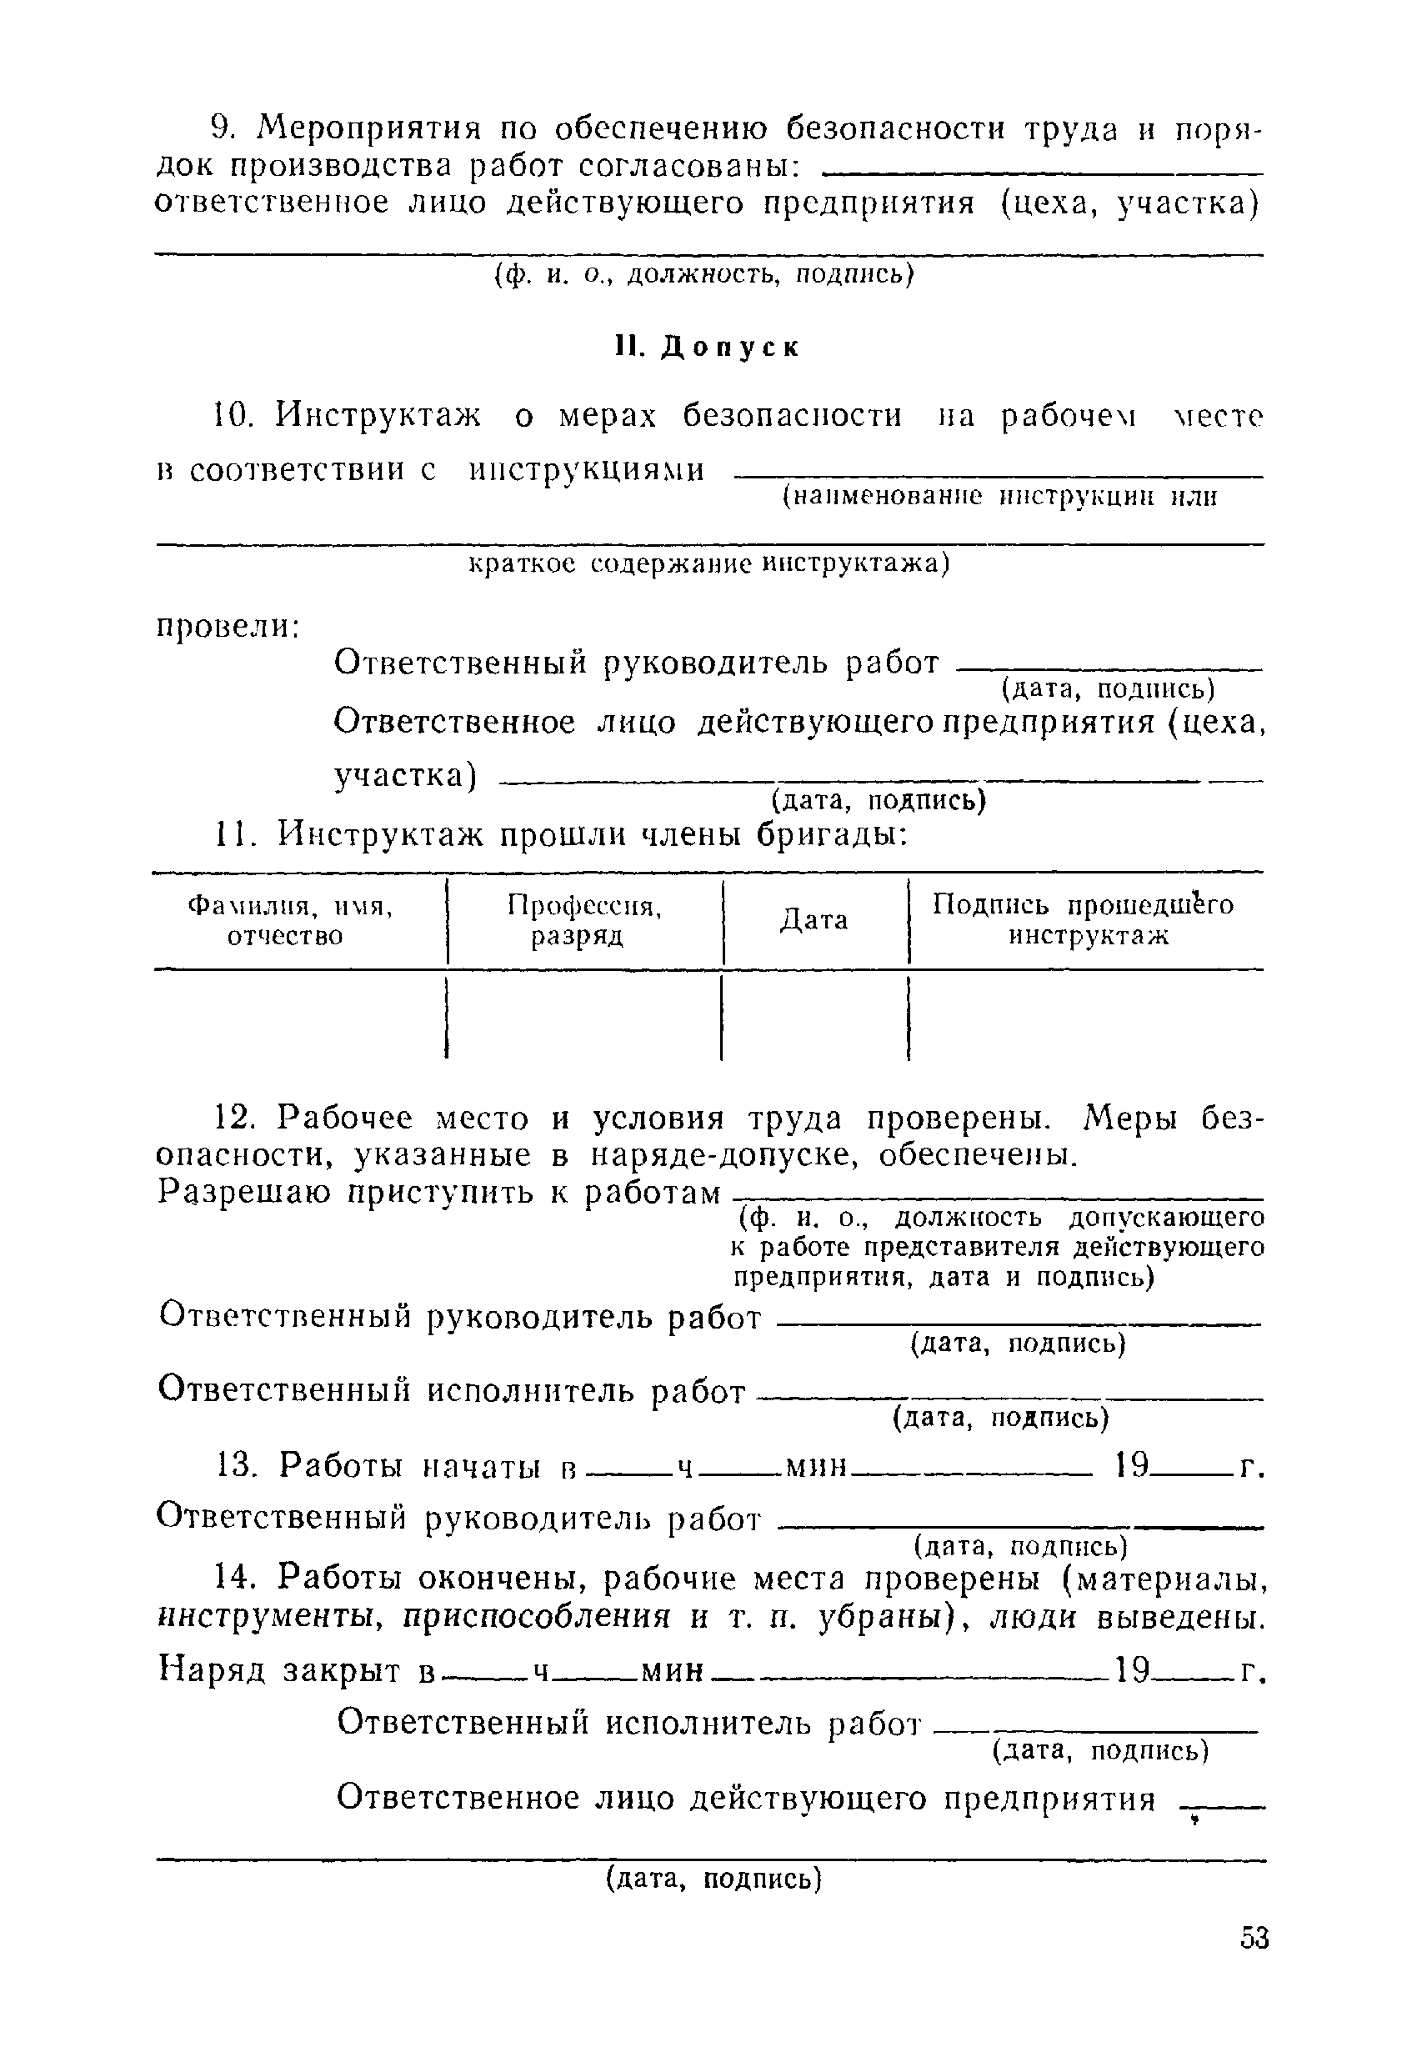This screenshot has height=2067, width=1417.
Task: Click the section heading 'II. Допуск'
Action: click(x=708, y=348)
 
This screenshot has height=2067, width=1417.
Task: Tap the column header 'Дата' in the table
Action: click(x=814, y=919)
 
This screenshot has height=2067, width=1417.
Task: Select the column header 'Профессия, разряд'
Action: click(x=583, y=919)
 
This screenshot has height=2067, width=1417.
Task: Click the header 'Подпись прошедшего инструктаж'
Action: click(x=1083, y=919)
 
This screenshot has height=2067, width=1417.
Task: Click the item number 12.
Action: click(x=237, y=1117)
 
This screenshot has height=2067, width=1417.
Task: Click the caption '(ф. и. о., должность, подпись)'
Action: click(x=703, y=276)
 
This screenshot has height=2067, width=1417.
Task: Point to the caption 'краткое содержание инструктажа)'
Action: click(x=709, y=564)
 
